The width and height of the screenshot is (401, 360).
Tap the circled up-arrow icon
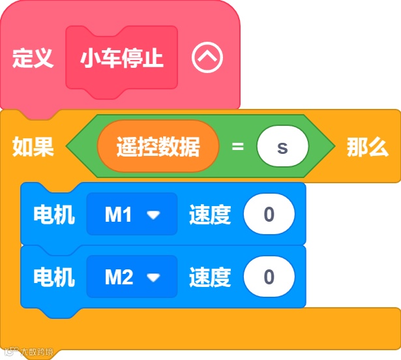click(207, 59)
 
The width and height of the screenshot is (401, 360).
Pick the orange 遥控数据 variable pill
click(158, 147)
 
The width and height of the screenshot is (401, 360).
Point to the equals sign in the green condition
click(238, 147)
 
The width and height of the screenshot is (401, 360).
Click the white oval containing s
click(282, 147)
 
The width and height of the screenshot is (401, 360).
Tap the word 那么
click(367, 147)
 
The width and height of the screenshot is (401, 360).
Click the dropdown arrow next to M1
click(153, 215)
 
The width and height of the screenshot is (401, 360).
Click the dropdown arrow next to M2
click(153, 278)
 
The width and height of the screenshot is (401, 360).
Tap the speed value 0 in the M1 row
click(269, 214)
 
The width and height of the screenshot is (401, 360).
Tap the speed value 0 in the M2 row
click(269, 277)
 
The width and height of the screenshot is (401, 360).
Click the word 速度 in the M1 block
click(210, 214)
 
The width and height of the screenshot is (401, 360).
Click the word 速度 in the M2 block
click(210, 277)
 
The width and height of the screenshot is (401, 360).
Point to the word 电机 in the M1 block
click(54, 214)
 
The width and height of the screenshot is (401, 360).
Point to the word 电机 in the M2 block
click(54, 277)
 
